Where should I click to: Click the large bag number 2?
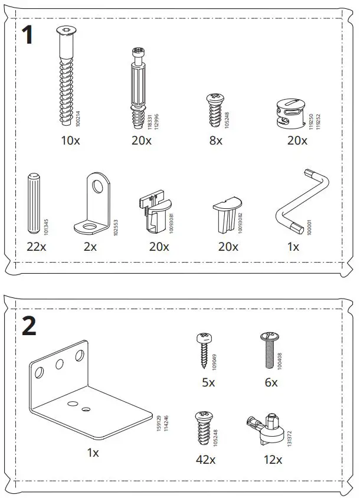tap(29, 326)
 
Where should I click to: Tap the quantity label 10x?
tap(70, 140)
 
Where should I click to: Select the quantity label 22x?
tap(36, 247)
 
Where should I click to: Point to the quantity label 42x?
tap(206, 459)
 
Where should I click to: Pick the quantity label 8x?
tap(215, 140)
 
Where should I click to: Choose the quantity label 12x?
tap(273, 459)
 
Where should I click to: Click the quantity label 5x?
tap(208, 382)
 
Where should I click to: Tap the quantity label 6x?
tap(271, 382)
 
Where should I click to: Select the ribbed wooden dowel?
tap(34, 204)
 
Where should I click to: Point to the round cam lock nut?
tap(290, 112)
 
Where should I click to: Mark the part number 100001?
tap(307, 228)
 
